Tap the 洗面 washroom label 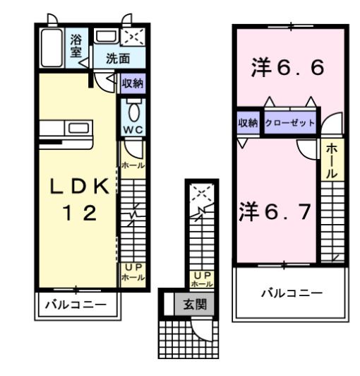pos(117,59)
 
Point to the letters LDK pos(79,187)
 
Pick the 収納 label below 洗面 pos(133,83)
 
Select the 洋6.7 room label pos(275,212)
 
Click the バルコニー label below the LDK pos(76,305)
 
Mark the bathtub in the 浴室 pos(52,47)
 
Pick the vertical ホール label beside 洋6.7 pos(332,161)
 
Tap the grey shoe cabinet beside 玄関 pos(179,305)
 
